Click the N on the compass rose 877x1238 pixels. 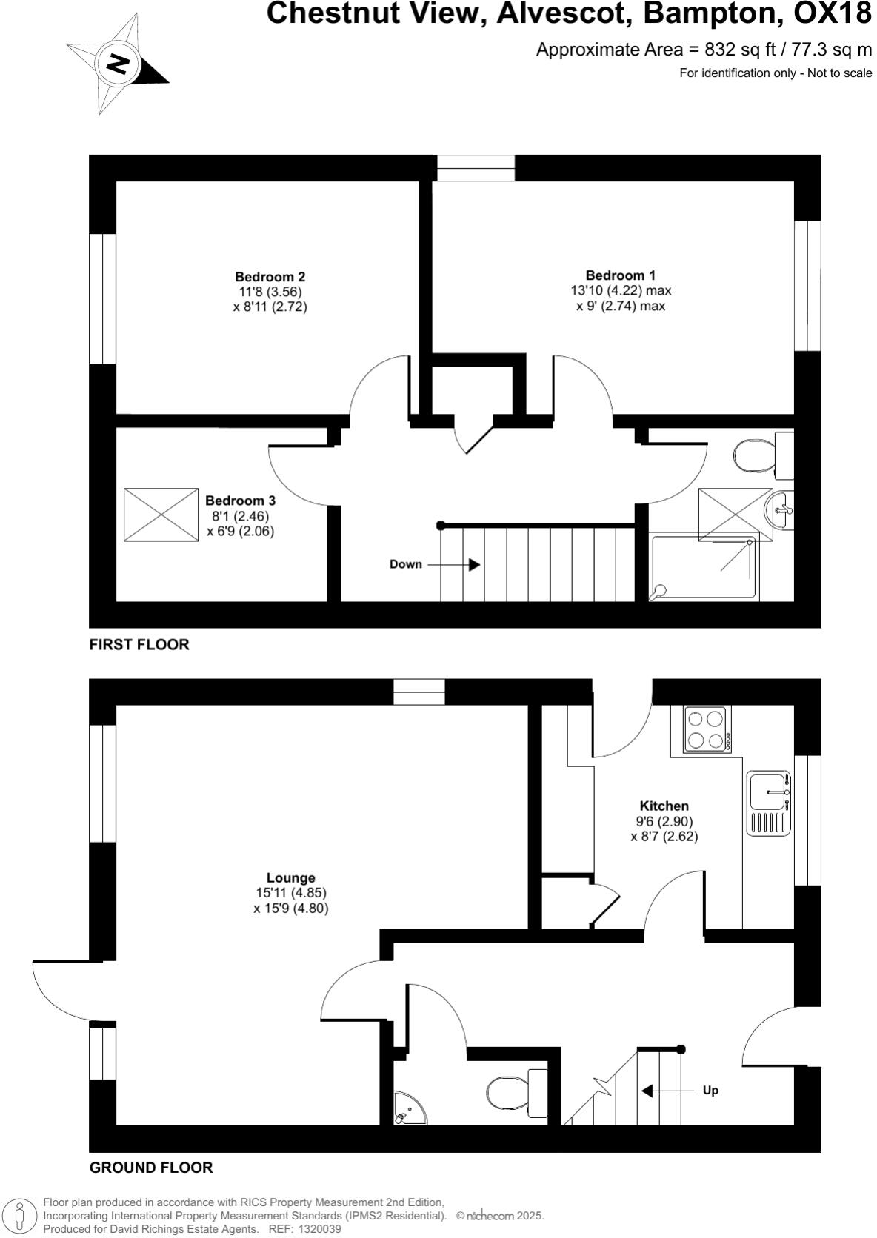[x=118, y=64]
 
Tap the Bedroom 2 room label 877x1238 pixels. [x=270, y=276]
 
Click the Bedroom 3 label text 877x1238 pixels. [x=240, y=501]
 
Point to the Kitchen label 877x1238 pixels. [x=664, y=806]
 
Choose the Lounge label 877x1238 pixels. [x=291, y=877]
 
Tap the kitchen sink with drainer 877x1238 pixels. [x=769, y=803]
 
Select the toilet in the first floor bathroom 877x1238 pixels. [x=763, y=455]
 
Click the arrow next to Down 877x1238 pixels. [x=453, y=565]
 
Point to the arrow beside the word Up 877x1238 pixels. [x=667, y=1091]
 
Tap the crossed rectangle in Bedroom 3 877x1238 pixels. [x=161, y=515]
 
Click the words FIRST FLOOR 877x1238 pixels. [x=139, y=644]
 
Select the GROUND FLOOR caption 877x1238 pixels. [x=151, y=1168]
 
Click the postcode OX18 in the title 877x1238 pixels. [x=833, y=13]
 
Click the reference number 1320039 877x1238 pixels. [x=319, y=1230]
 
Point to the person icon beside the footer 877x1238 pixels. [x=20, y=1215]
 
